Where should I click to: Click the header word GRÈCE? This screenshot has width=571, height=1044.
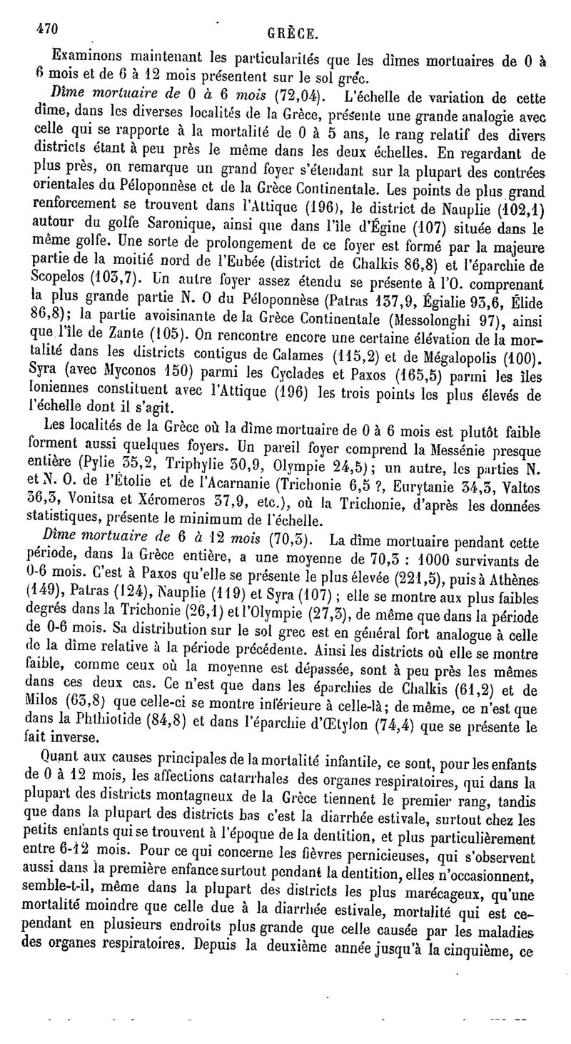293,34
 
